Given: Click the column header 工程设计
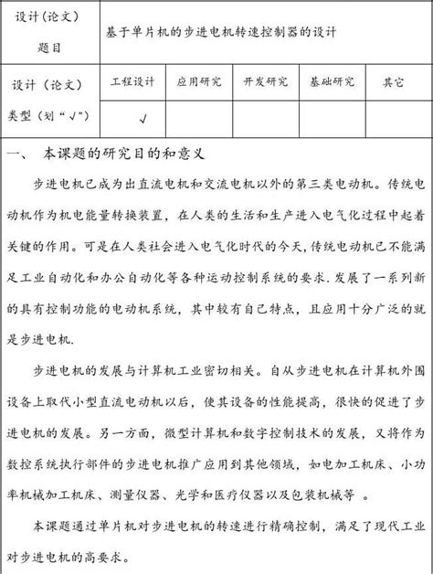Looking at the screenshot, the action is [132, 81].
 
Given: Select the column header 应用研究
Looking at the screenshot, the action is [198, 81].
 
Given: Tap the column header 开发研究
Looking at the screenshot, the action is [265, 81].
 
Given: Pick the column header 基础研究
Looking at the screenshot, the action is [332, 81].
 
